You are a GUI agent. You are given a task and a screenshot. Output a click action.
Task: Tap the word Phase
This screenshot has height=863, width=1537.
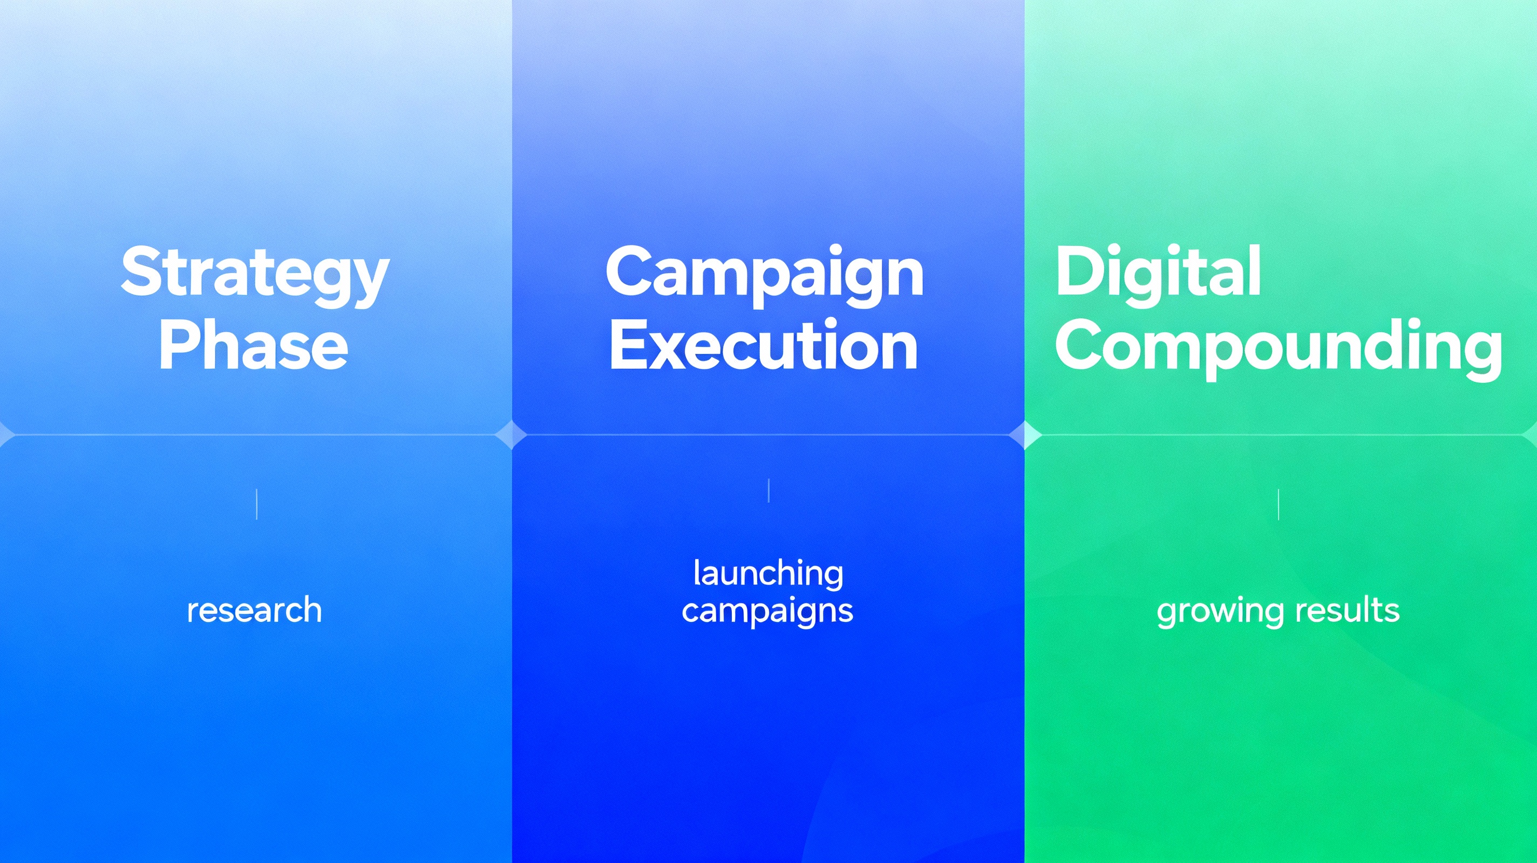click(253, 346)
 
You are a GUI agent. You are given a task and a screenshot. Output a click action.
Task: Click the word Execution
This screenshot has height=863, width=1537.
click(763, 346)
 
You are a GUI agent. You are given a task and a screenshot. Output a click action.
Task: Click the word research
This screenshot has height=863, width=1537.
click(254, 610)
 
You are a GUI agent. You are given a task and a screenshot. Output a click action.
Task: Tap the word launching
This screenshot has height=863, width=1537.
click(768, 574)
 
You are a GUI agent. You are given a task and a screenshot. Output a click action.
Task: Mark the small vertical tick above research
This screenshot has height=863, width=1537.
click(256, 504)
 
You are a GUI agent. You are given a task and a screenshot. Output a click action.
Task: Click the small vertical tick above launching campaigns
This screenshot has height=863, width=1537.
click(768, 490)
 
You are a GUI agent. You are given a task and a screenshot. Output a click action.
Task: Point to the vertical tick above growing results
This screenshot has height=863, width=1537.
click(1278, 504)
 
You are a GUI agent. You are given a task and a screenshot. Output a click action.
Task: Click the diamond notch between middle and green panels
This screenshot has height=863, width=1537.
click(1024, 434)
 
